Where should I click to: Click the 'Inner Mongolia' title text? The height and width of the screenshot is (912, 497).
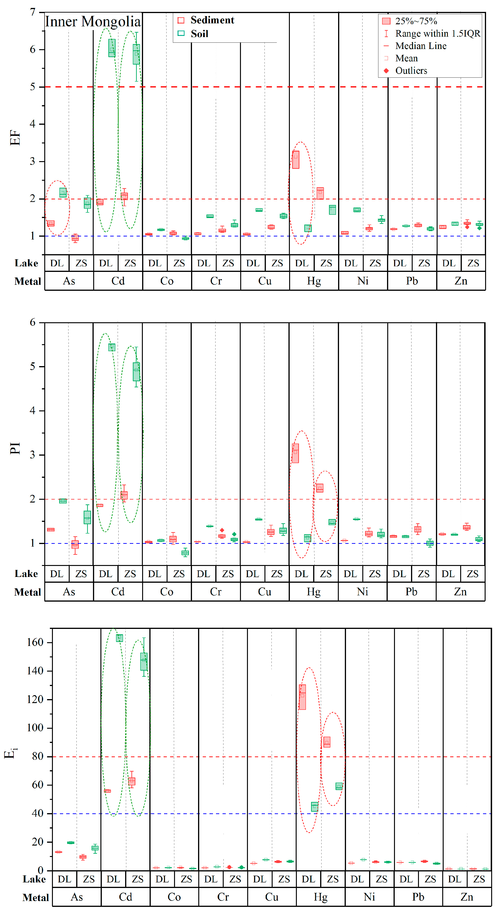[x=93, y=22]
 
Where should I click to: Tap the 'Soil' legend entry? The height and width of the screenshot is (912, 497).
[x=199, y=34]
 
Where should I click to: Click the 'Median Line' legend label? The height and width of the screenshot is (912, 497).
[x=421, y=46]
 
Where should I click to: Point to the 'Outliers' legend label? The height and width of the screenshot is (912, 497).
[x=411, y=71]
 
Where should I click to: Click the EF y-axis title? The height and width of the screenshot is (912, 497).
[x=15, y=138]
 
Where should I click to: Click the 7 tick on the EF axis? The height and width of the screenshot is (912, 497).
[x=33, y=12]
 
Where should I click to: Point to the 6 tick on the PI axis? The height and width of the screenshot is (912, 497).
[x=33, y=322]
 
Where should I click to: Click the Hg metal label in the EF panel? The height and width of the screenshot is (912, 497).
[x=314, y=281]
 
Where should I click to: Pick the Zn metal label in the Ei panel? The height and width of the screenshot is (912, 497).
[x=467, y=897]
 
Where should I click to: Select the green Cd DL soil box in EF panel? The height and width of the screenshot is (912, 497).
[x=112, y=48]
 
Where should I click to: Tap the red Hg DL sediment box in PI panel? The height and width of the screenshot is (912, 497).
[x=295, y=453]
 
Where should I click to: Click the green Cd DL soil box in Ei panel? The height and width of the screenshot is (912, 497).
[x=120, y=638]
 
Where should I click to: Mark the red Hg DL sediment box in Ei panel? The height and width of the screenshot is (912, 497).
[x=302, y=697]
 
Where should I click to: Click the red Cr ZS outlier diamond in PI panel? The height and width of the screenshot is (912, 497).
[x=222, y=530]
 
